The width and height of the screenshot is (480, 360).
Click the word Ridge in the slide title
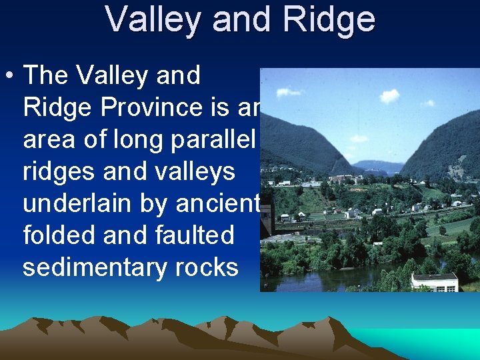pos(329,21)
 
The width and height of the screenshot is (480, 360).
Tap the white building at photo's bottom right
pos(435,281)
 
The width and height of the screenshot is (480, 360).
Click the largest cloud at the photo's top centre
pos(389,95)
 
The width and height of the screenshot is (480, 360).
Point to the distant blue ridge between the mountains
pos(378,166)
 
